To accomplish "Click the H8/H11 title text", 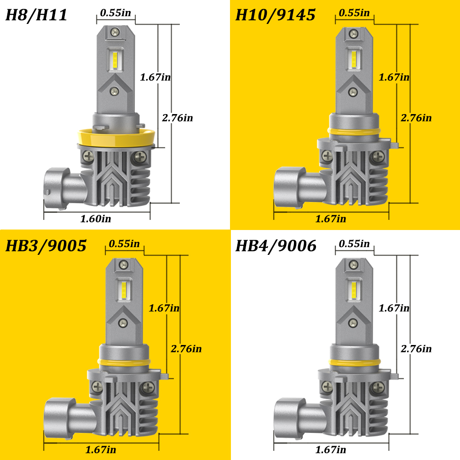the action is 36,15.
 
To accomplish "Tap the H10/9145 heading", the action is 275,15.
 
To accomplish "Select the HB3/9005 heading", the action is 46,246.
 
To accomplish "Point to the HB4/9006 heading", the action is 276,246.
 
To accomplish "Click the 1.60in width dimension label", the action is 96,219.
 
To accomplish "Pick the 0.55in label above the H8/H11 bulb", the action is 115,13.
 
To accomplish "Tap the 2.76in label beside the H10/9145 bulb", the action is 416,118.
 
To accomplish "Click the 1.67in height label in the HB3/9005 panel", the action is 164,308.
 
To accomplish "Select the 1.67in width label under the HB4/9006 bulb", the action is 331,450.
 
